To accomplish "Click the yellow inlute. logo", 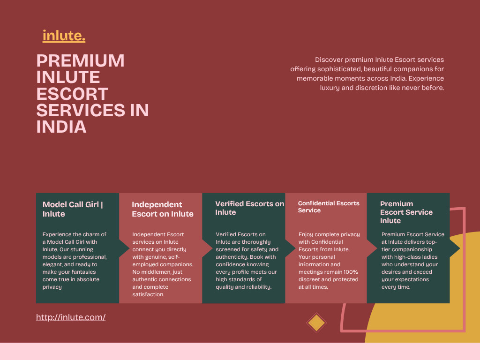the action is pos(64,36).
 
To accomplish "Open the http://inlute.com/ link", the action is pos(71,317).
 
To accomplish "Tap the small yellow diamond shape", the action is pos(316,322).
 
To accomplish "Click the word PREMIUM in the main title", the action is pos(81,60).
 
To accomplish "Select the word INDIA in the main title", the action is pos(61,127).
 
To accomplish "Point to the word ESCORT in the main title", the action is pos(72,94).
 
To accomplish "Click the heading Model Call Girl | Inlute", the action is pos(73,209).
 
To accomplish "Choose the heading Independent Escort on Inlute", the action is pos(163,209).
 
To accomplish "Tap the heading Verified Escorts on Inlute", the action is pos(249,208).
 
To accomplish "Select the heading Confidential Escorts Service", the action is pos(329,207).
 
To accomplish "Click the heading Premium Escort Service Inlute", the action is pos(406,212).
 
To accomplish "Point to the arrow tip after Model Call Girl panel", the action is pos(129,248).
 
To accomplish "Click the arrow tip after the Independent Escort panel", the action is pos(212,248).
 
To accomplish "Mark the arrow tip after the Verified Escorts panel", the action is pos(295,248).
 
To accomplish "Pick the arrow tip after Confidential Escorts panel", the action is pos(377,248).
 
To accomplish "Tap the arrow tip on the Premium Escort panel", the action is pos(460,248).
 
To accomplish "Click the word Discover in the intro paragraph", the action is pos(329,60).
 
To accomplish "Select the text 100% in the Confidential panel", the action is pos(351,272).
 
